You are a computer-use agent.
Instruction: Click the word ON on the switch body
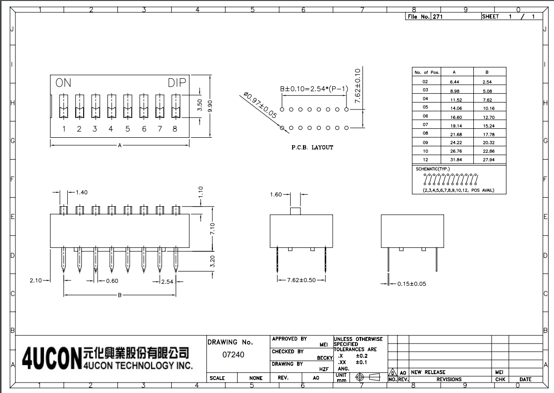point(63,83)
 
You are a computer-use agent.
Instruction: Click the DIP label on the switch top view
point(177,83)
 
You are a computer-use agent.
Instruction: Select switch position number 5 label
point(127,129)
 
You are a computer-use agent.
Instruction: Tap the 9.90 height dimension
point(210,106)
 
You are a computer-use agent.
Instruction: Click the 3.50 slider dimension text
point(200,105)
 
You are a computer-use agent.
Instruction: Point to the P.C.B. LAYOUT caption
point(312,147)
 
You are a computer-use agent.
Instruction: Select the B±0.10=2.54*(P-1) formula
point(314,89)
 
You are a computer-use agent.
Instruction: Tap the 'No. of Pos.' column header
point(426,72)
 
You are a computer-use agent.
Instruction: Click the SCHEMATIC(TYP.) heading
point(433,169)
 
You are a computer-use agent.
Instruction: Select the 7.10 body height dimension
point(212,228)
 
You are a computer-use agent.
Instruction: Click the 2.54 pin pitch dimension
point(167,281)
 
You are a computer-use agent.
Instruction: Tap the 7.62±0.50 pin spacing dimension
point(302,281)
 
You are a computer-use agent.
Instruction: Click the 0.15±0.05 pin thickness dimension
point(411,284)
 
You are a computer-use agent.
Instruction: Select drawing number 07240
point(233,354)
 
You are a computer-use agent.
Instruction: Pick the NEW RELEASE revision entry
point(428,372)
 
